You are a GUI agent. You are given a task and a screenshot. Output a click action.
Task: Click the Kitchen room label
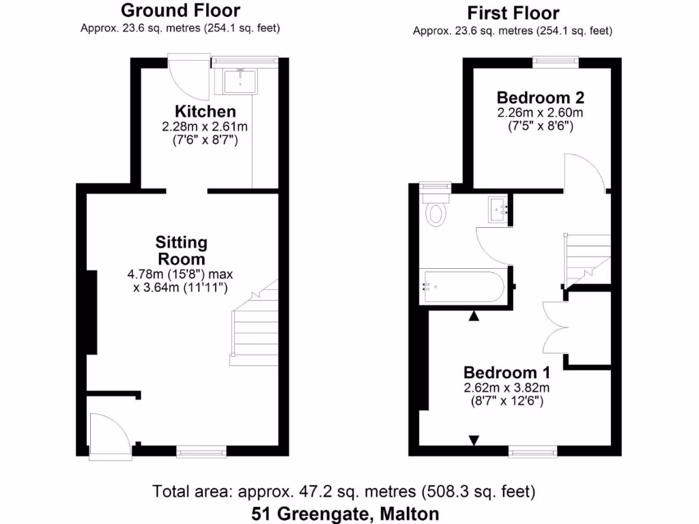click(205, 111)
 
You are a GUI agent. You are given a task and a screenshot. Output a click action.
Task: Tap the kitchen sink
click(240, 81)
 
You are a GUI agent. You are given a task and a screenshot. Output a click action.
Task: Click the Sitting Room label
click(181, 250)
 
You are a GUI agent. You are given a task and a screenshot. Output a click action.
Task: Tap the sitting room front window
click(201, 450)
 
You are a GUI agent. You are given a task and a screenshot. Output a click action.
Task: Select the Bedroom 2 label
click(540, 97)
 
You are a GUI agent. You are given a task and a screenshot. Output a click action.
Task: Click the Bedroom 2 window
click(556, 61)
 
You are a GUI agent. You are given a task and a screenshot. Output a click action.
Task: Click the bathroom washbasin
click(498, 208)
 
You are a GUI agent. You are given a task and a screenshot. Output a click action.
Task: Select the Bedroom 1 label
click(507, 373)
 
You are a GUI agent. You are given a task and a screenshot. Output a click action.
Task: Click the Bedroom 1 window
click(532, 450)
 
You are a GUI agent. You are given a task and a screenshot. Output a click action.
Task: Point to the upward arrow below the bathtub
click(474, 316)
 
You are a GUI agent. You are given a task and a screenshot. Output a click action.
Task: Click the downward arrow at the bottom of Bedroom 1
click(474, 440)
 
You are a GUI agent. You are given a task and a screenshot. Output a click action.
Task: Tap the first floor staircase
click(587, 259)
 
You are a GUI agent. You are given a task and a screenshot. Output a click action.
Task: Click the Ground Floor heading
click(180, 10)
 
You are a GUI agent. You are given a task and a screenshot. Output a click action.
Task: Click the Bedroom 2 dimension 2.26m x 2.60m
click(540, 113)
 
